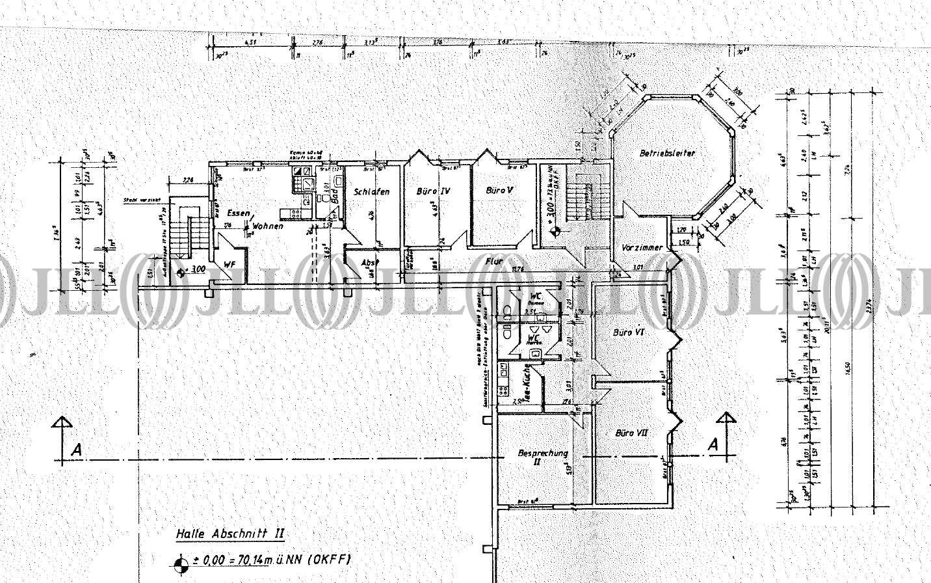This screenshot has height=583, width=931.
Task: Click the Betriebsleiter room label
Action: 668,154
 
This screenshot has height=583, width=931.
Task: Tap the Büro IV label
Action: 434,192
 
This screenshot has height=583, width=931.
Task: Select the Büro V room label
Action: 500,191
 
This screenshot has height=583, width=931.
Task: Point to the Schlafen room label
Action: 372,192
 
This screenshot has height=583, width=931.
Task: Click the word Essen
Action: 238,213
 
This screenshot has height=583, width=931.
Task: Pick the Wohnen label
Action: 269,226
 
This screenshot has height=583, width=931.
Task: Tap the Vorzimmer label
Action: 642,248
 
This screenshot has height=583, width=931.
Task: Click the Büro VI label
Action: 629,332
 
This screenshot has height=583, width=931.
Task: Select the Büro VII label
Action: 631,432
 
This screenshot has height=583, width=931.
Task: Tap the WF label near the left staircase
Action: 229,264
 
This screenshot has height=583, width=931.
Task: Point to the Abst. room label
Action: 369,262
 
